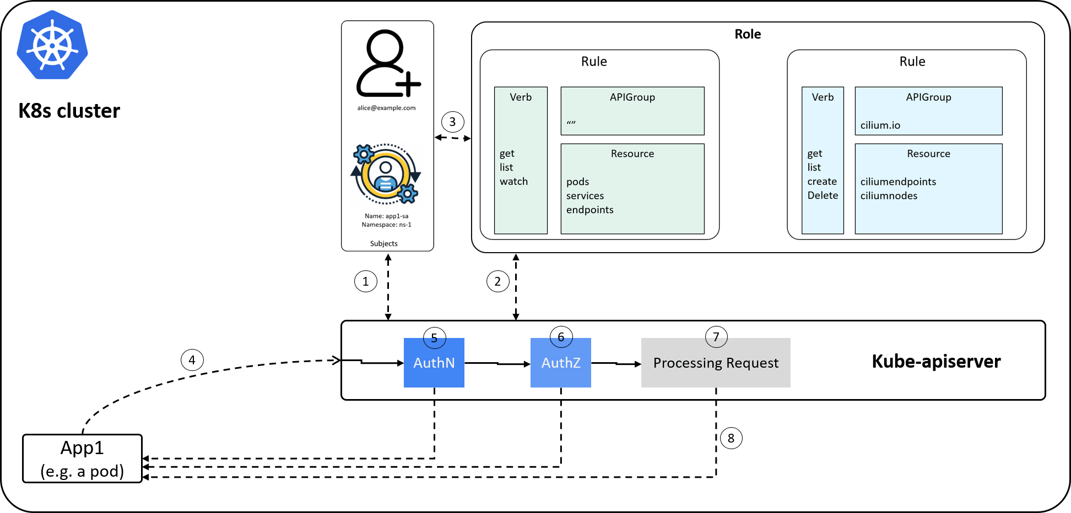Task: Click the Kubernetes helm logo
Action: click(x=52, y=45)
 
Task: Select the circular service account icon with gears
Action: click(x=386, y=174)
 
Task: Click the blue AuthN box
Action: click(x=434, y=363)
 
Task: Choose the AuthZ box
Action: click(x=560, y=363)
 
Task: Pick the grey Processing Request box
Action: click(x=715, y=363)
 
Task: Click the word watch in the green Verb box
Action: click(x=513, y=182)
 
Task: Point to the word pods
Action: click(x=577, y=182)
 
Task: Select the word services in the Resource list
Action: click(x=585, y=196)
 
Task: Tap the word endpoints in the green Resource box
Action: click(x=589, y=210)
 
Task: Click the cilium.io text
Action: click(x=880, y=125)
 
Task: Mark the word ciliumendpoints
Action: click(x=898, y=182)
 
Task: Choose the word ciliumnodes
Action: click(x=889, y=196)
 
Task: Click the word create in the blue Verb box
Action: click(x=821, y=182)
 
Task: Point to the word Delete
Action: click(x=823, y=195)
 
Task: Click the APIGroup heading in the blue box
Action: click(x=928, y=97)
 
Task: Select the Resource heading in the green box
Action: click(x=632, y=154)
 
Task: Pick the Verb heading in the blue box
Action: click(x=823, y=97)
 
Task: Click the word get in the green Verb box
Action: click(x=507, y=154)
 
